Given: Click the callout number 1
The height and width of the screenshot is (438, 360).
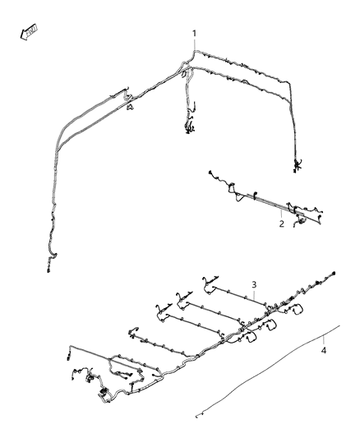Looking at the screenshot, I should click(195, 34).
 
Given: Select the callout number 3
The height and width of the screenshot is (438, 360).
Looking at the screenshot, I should click(255, 284).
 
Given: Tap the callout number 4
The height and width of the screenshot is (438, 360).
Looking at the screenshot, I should click(324, 351).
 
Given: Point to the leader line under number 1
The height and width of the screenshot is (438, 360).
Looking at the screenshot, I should click(195, 47).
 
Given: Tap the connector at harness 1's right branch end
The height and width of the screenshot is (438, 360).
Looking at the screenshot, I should click(296, 168).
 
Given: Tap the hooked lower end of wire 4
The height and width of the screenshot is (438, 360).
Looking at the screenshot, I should click(198, 416).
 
